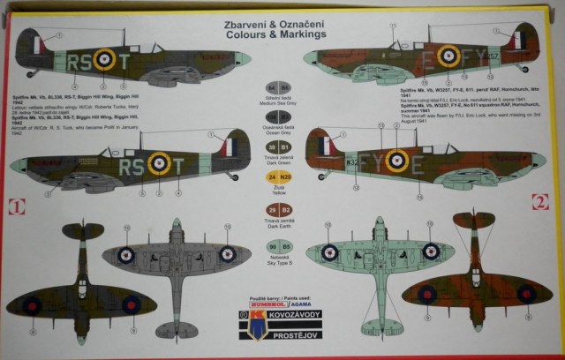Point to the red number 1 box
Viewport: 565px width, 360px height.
pyautogui.click(x=13, y=208)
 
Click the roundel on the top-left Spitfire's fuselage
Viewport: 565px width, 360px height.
pyautogui.click(x=105, y=59)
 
